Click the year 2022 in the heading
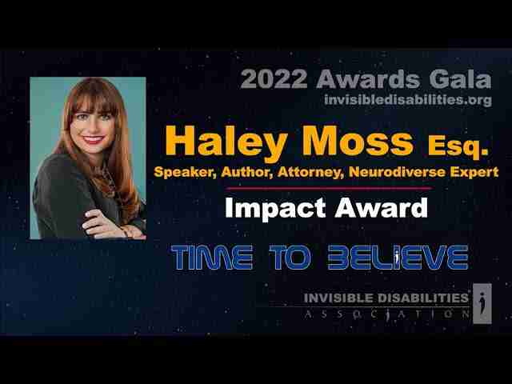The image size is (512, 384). [x=274, y=79]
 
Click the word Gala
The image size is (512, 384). [x=461, y=79]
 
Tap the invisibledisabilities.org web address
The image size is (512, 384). [x=408, y=99]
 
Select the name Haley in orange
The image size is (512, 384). [x=226, y=142]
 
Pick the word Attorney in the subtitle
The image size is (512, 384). [x=311, y=172]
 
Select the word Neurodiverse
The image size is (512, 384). [x=397, y=172]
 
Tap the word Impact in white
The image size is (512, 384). [x=275, y=208]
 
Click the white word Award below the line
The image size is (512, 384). [x=381, y=207]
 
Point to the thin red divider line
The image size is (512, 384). [x=329, y=189]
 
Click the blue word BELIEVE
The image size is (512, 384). [x=398, y=258]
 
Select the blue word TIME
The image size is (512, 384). [x=212, y=258]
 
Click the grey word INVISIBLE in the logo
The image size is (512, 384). [x=338, y=298]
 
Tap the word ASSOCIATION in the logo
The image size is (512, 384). [x=386, y=314]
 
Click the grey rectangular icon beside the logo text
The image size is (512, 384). [x=482, y=303]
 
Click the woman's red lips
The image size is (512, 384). [x=94, y=140]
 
